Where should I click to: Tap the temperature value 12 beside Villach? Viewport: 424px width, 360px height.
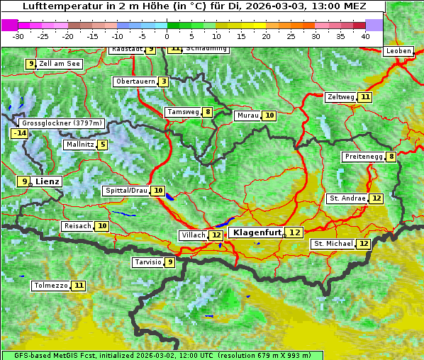[216, 235]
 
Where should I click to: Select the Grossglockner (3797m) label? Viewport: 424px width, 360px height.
[63, 123]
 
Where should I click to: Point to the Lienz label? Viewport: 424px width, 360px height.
[48, 181]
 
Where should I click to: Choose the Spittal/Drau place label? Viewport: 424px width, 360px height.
[125, 191]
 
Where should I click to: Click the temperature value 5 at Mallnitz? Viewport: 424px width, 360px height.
[102, 145]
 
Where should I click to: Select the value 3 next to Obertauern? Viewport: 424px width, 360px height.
[164, 81]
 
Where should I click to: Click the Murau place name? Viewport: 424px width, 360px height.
[247, 116]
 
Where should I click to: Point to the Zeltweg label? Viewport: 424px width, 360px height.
[340, 97]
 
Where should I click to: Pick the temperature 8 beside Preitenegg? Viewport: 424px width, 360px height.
[391, 157]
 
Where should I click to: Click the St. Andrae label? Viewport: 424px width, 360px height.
[347, 198]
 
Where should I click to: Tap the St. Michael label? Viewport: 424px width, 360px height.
[333, 244]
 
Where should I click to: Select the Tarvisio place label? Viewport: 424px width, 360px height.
[147, 262]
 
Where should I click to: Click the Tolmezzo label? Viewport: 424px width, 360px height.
[50, 286]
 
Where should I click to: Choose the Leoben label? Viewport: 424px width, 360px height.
[398, 51]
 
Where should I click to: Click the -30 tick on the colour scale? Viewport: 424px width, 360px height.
[18, 36]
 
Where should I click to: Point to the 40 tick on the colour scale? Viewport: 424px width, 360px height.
[365, 36]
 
